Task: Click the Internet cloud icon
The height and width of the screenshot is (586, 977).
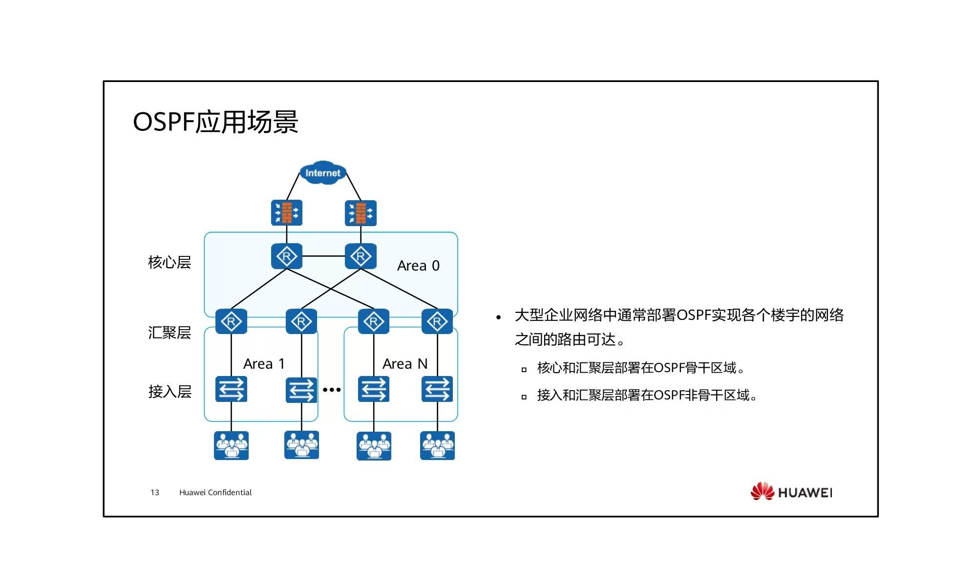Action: tap(322, 172)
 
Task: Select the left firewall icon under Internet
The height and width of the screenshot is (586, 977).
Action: tap(287, 212)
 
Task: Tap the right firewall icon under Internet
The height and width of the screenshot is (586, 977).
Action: tap(361, 213)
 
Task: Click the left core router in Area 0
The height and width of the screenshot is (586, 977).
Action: tap(287, 256)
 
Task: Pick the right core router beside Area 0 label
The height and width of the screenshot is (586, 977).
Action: tap(361, 256)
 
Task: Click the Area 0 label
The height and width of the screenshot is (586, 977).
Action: tap(418, 266)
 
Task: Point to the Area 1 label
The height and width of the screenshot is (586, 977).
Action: tap(264, 364)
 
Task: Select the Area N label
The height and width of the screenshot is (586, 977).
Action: tap(405, 364)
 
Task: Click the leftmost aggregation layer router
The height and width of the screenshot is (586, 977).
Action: tap(231, 321)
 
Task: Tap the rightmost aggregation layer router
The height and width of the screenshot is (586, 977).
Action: tap(437, 321)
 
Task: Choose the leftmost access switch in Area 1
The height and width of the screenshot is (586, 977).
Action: tap(231, 389)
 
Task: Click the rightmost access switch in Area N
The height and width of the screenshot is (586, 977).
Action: tap(437, 389)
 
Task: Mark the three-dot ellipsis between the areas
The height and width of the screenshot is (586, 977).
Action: tap(332, 390)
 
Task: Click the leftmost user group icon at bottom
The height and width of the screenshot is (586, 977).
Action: tap(231, 445)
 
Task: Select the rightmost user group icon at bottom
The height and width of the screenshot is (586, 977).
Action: tap(437, 445)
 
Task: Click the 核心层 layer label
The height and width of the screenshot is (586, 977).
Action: tap(170, 262)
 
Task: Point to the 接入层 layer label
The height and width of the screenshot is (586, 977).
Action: tap(170, 392)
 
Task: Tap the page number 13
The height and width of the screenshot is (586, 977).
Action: tap(155, 492)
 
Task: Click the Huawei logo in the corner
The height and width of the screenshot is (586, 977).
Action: tap(791, 491)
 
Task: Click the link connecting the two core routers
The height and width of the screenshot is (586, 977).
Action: tap(323, 256)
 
